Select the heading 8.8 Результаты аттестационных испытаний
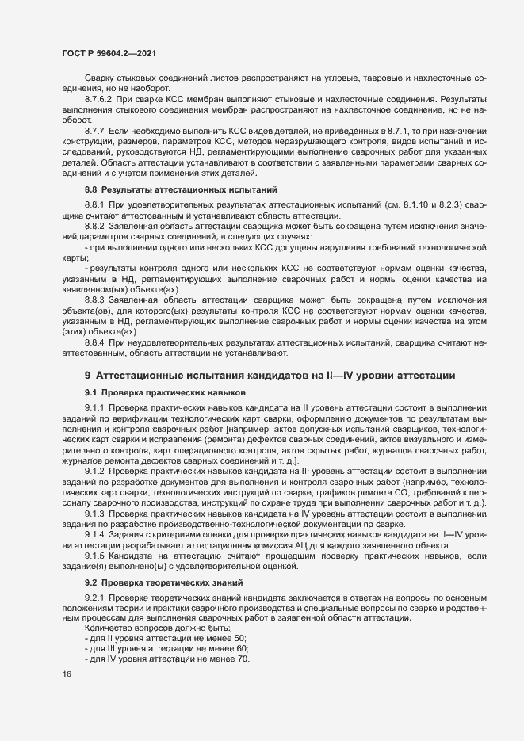point(180,189)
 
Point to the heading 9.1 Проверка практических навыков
point(166,392)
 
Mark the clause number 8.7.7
point(95,129)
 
